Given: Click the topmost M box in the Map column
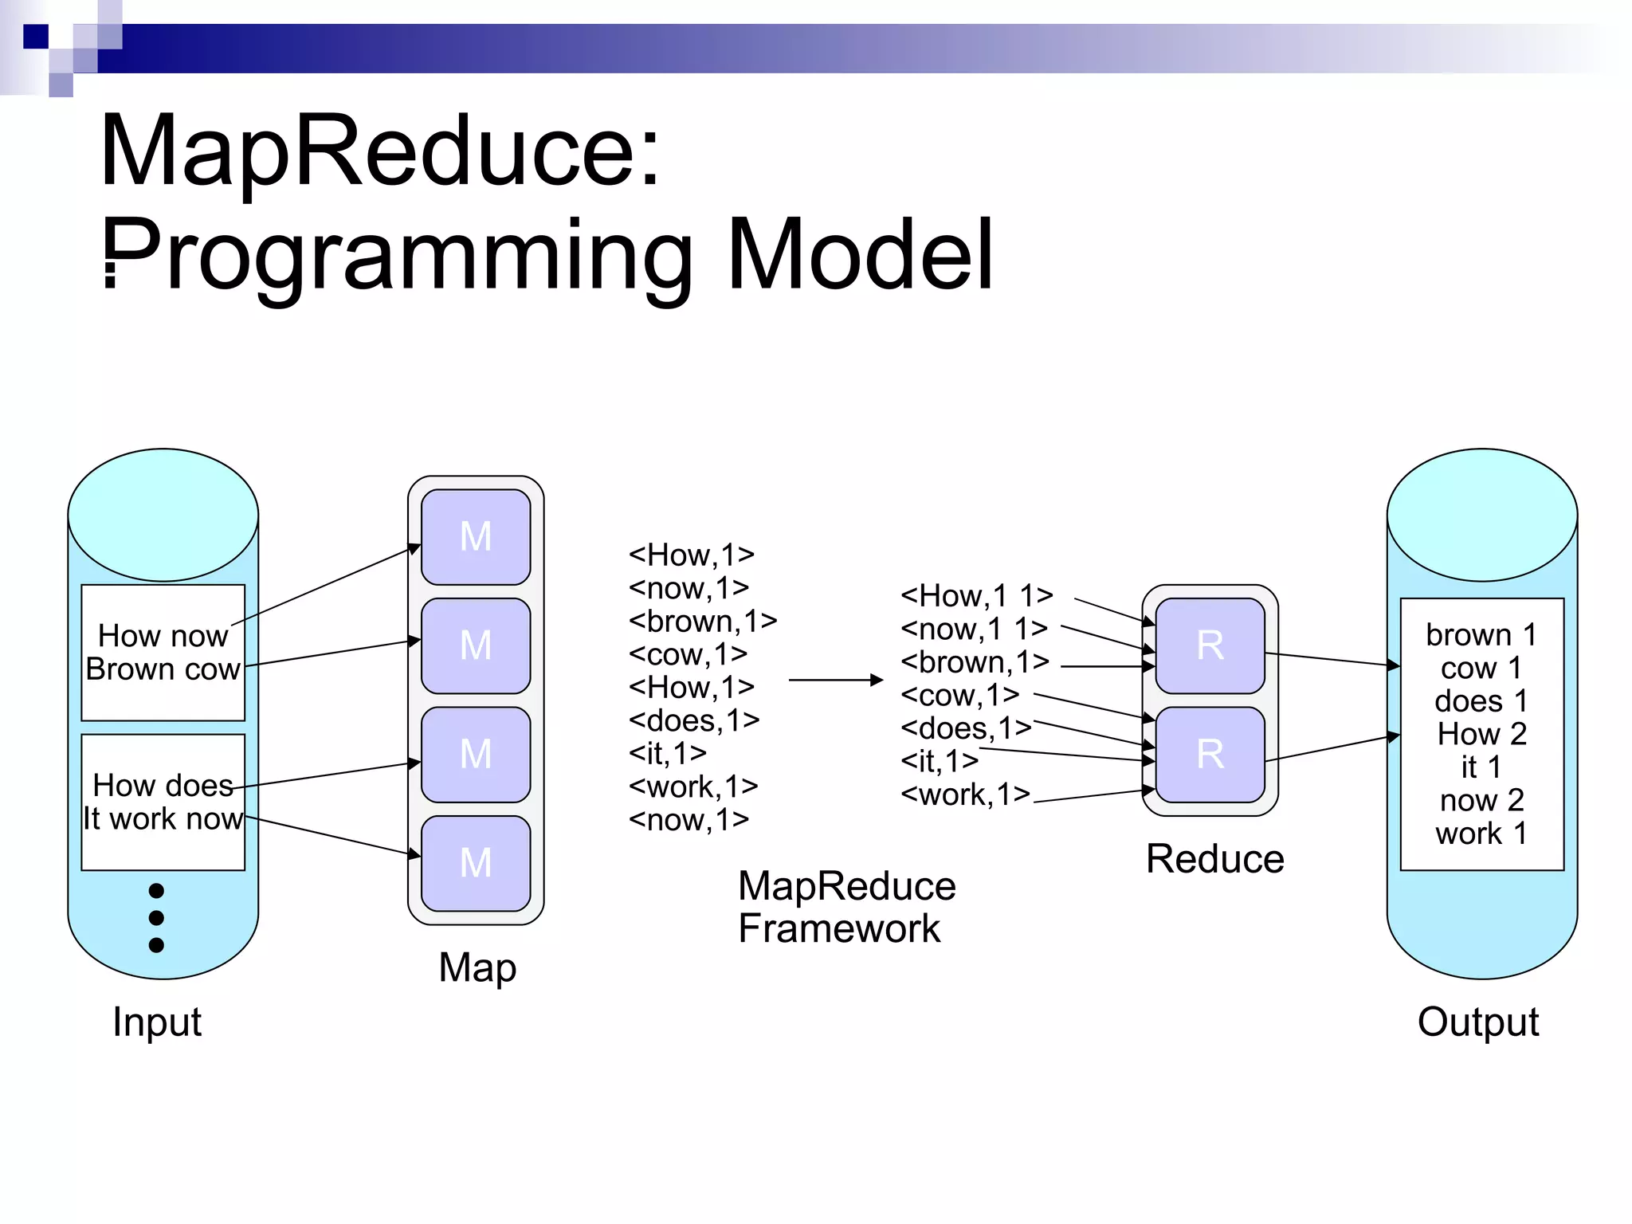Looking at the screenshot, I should click(x=476, y=536).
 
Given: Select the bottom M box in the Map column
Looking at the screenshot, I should click(x=476, y=863).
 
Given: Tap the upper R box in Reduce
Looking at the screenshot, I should click(x=1210, y=645).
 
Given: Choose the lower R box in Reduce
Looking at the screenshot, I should click(x=1210, y=754).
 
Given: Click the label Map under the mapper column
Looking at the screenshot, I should click(x=477, y=967).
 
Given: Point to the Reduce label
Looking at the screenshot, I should click(x=1214, y=859).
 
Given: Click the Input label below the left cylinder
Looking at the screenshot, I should click(x=157, y=1022).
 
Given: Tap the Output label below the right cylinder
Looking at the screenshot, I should click(x=1478, y=1022).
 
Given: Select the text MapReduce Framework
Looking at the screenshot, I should click(x=846, y=907).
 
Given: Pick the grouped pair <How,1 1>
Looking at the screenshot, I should click(x=977, y=595).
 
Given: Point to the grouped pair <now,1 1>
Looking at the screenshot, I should click(x=974, y=629).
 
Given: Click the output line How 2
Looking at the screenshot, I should click(x=1481, y=734).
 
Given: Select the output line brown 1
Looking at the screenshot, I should click(x=1481, y=635).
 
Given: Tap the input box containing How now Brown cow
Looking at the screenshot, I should click(x=163, y=653).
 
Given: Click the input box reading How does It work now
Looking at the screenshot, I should click(x=163, y=802).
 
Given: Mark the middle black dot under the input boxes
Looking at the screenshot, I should click(x=156, y=918).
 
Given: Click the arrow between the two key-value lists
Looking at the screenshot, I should click(x=835, y=680).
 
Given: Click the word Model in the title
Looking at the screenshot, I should click(x=861, y=255).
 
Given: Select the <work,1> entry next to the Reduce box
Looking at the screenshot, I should click(x=965, y=794).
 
